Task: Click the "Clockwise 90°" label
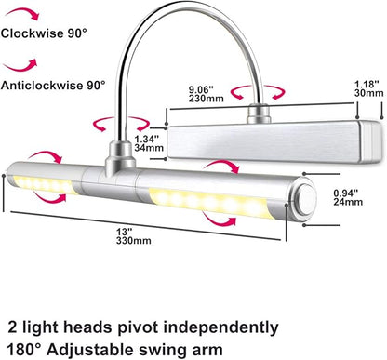coord(44,33)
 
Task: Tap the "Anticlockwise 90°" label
coord(53,85)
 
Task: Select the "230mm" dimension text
coord(207,99)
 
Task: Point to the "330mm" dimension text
coord(134,241)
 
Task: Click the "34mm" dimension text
coord(149,148)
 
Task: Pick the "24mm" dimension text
coord(348,202)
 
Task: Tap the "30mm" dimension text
coord(369,93)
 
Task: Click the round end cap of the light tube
coord(305,197)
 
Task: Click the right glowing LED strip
coord(211,202)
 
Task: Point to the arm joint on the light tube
coord(120,156)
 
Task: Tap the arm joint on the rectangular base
coord(258,114)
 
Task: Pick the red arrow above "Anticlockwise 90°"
coord(20,66)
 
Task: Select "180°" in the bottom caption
coord(23,350)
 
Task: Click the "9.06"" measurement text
coord(202,90)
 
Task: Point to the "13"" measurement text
coord(125,232)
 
